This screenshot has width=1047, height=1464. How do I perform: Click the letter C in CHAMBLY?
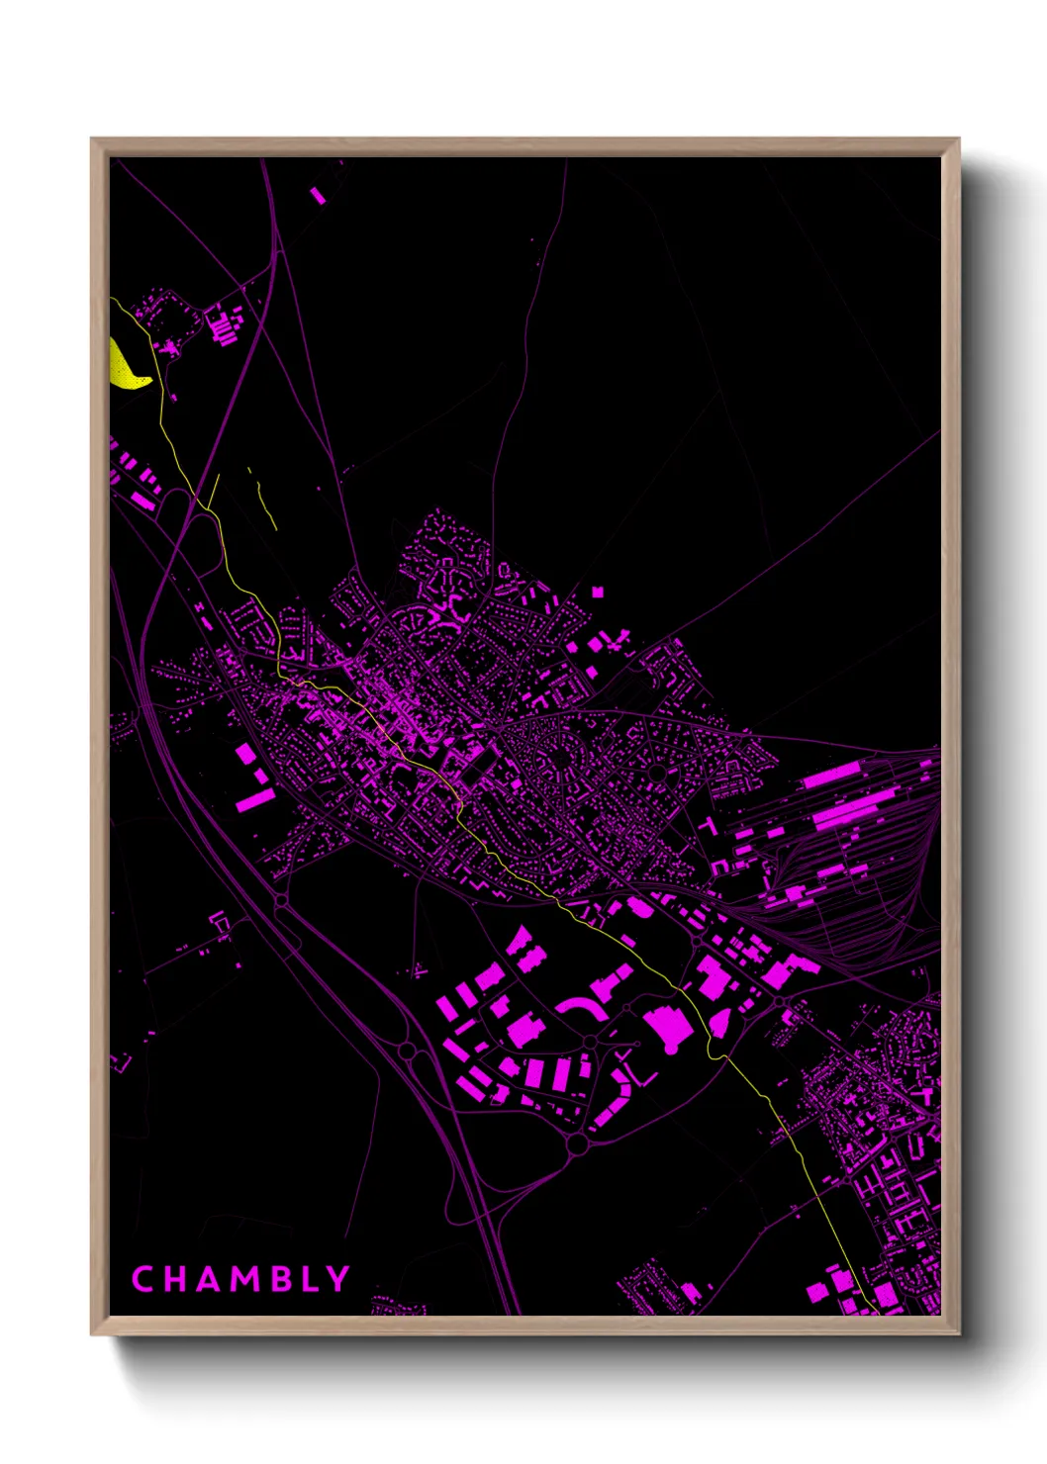coord(143,1279)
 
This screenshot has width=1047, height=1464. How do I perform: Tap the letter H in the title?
coord(173,1279)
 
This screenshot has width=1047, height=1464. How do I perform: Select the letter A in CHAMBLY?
coord(207,1279)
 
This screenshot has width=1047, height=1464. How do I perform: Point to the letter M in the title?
coord(243,1279)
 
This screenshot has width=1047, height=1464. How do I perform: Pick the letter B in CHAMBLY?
coord(278,1279)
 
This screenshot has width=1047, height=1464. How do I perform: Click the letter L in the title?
coord(308,1279)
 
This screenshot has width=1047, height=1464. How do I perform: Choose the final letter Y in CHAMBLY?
coord(337,1279)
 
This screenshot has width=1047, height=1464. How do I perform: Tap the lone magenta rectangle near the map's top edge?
coord(318,195)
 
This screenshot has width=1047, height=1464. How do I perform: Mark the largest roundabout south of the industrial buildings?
coord(577,1144)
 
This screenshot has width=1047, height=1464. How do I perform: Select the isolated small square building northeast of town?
coord(598,592)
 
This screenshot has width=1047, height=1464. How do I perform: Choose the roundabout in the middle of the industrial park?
coord(591,1042)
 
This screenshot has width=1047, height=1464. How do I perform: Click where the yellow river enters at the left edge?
coord(112,299)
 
